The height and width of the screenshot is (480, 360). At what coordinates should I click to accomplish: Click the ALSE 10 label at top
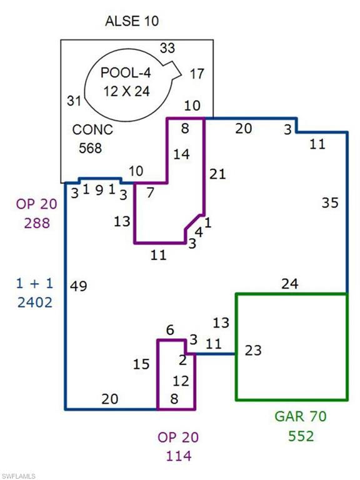(132, 21)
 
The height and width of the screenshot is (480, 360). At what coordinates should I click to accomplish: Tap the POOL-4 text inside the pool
(126, 73)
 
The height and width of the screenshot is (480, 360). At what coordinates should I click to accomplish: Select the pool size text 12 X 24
(126, 91)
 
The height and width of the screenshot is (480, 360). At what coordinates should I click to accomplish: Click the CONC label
(92, 130)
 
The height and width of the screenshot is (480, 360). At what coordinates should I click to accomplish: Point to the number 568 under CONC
(90, 148)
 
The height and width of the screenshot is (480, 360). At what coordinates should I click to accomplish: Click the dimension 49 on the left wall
(79, 286)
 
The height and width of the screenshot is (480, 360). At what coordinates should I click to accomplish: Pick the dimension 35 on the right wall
(330, 202)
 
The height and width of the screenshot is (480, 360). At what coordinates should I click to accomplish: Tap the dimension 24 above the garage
(289, 284)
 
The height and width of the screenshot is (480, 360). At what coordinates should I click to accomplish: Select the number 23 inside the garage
(253, 351)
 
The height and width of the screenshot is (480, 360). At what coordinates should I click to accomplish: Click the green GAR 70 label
(301, 416)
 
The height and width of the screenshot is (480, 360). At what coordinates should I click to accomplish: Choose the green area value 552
(301, 436)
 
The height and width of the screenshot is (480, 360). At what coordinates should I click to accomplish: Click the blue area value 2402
(35, 302)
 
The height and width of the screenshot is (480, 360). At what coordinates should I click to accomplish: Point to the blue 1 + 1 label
(34, 284)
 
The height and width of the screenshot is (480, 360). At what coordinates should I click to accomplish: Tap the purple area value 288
(37, 223)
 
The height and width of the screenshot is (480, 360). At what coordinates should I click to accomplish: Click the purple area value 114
(179, 456)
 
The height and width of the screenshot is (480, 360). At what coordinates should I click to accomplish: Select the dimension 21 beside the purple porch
(217, 174)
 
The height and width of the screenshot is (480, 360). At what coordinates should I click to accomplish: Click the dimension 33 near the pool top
(167, 48)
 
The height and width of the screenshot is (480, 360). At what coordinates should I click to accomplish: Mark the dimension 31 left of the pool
(74, 101)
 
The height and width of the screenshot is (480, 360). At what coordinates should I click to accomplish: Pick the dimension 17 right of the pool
(197, 74)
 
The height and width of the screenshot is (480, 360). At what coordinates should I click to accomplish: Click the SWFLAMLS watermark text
(18, 476)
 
